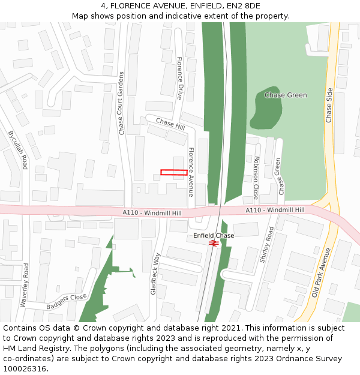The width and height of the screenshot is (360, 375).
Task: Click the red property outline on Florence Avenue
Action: tap(173, 173)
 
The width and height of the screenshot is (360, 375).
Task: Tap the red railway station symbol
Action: tap(213, 243)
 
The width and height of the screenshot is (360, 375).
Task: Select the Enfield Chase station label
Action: tap(214, 236)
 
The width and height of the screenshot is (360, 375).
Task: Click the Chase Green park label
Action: tap(286, 95)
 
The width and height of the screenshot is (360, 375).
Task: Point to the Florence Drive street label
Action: tap(179, 78)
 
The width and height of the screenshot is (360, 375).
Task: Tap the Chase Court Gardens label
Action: tap(121, 103)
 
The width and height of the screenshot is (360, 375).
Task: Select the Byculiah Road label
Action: tap(17, 149)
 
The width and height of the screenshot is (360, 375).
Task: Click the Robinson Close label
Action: tap(256, 178)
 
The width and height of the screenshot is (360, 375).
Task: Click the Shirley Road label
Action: tap(266, 245)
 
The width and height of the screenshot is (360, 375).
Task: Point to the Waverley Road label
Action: tap(25, 285)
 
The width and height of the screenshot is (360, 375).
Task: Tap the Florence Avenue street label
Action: tap(191, 172)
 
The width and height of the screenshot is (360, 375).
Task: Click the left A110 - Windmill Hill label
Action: tap(152, 213)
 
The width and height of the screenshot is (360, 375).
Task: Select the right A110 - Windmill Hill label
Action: tap(275, 209)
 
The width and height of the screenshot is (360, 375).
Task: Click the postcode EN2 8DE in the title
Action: tap(245, 5)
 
